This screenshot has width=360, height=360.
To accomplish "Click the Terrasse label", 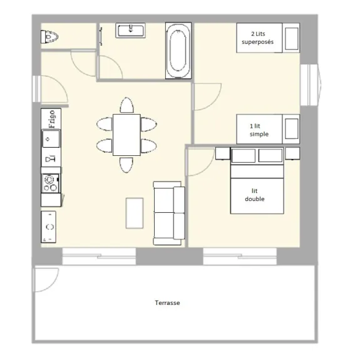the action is coord(167,303).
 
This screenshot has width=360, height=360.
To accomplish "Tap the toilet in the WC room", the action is coord(49,37).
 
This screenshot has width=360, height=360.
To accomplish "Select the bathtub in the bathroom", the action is coord(178,51).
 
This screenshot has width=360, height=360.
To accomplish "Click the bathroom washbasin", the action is coord(131,30).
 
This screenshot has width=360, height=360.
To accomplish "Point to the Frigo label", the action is coord(52,119).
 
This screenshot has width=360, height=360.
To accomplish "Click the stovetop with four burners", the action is coord(51,183).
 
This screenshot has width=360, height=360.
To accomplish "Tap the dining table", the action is coord(126,135).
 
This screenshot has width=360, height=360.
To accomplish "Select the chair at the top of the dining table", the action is coord(126,105).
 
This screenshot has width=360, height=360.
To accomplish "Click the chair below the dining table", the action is coord(126,165).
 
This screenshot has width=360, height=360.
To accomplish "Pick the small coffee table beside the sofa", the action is coord(135,213).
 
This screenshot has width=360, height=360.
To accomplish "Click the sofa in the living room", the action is coord(169,213).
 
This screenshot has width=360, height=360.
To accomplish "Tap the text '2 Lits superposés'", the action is coord(257,38).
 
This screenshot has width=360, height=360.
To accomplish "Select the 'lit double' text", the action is coord(255,195).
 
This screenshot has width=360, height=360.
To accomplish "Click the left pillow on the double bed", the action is coord(244,155).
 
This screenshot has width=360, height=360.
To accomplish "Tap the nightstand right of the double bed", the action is coord(292,153).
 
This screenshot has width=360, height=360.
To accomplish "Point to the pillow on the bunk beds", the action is coord(292,39).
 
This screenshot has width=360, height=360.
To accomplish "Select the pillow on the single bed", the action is coord(292,129).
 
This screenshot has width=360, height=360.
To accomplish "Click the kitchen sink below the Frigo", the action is coord(51,139).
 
